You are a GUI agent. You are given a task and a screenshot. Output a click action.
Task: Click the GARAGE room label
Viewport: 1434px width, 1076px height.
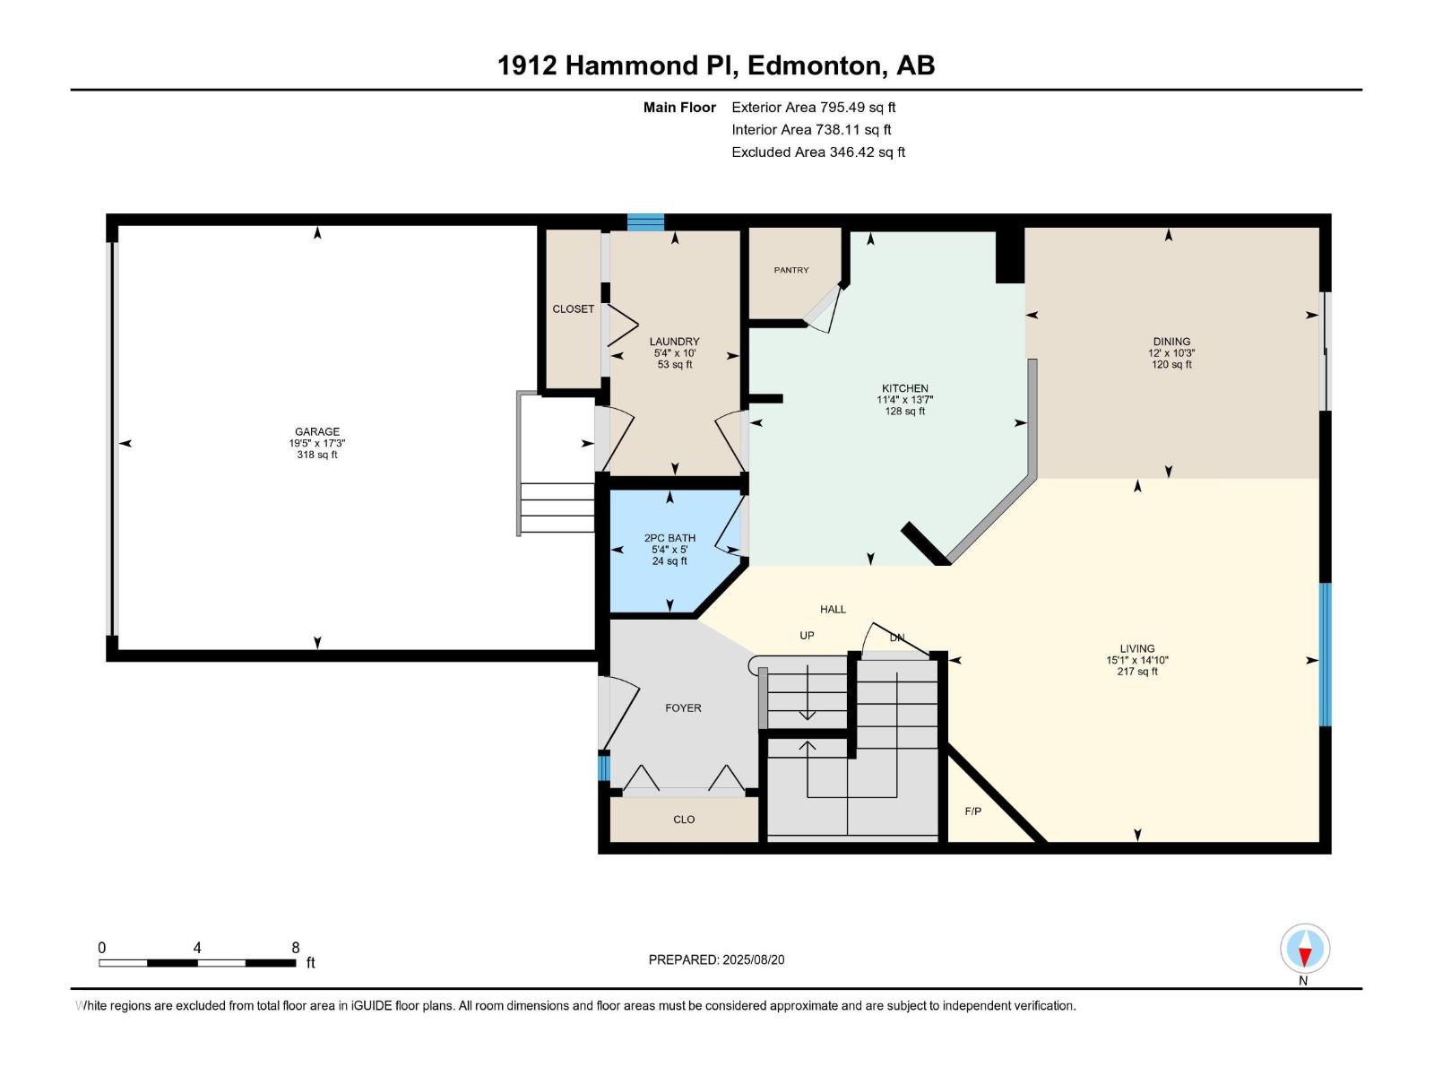coord(317,431)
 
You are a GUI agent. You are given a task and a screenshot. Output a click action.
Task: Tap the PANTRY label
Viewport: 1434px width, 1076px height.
coord(791,270)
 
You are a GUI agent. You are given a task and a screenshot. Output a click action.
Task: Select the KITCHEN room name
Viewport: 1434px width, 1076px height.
coord(905,388)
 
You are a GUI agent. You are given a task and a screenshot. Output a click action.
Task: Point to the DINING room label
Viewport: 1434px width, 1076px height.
coord(1171,341)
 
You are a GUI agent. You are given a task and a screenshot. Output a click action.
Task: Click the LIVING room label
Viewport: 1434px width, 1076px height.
coord(1136,648)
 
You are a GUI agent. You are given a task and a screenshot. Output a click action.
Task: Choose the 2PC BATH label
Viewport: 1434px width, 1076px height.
coord(669,538)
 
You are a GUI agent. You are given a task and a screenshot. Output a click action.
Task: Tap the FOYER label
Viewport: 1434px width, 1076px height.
coord(683,707)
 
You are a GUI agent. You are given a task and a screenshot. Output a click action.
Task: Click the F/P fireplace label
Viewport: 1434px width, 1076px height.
coord(972,811)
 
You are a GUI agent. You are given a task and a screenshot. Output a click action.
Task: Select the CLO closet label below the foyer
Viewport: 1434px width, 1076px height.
coord(684,820)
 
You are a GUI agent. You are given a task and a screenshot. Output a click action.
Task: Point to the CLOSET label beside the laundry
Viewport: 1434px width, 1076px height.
coord(573,309)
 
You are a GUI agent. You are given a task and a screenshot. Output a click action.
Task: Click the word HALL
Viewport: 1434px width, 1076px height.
coord(833,609)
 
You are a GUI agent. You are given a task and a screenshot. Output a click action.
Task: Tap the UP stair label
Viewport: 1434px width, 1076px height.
coord(807,635)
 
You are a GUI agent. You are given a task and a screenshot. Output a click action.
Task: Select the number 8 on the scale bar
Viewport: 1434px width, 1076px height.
coord(295,947)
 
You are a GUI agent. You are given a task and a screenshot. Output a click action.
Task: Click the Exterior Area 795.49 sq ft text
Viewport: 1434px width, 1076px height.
coord(814,107)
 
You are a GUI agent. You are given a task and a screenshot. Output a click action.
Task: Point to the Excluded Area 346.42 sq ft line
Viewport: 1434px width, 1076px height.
coord(818,152)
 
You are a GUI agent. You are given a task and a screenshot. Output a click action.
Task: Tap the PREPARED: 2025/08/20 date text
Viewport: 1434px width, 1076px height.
coord(717,959)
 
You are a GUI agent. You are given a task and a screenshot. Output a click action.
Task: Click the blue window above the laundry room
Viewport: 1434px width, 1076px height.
coord(645,222)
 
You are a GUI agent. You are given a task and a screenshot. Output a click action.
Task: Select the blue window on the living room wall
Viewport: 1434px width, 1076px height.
coord(1325,655)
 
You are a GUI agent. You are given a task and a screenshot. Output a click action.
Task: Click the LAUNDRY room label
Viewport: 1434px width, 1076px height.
coord(674,341)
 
